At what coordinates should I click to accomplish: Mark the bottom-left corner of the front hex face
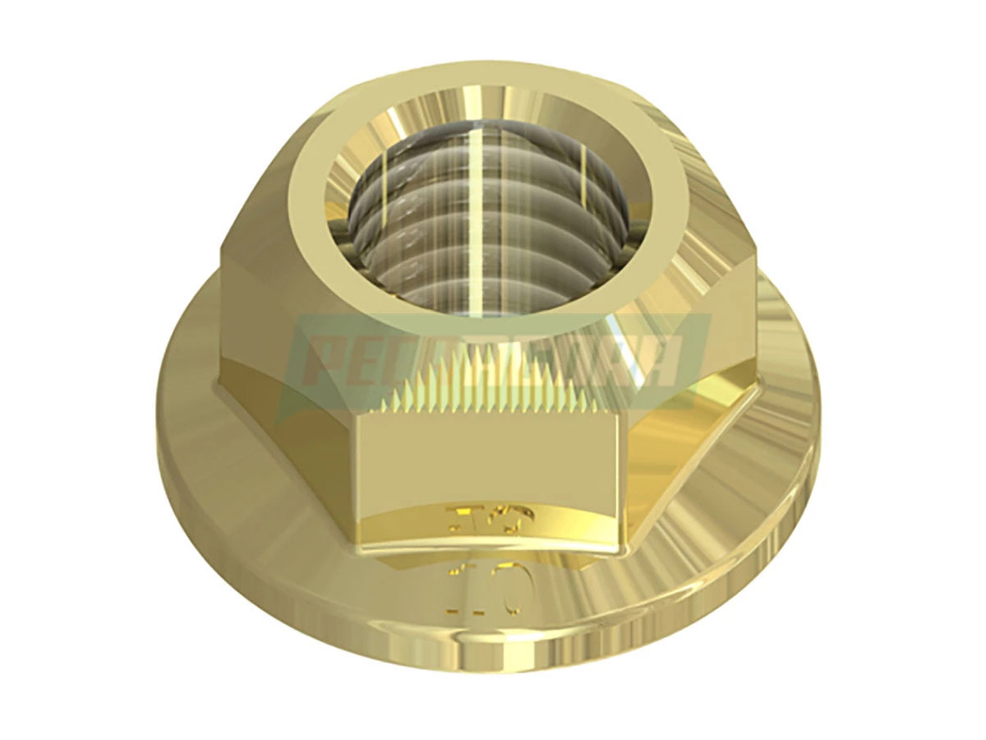(x=357, y=546)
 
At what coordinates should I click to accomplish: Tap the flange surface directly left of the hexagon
(x=197, y=395)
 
